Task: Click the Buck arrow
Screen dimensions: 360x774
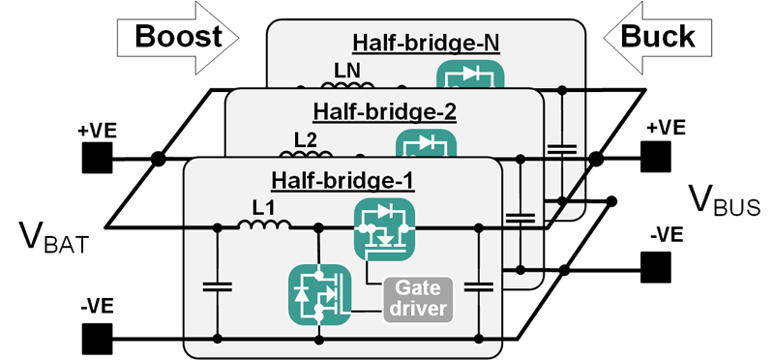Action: [x=658, y=37]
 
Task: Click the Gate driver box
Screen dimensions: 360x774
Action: [x=419, y=298]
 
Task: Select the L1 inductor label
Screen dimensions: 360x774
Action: [x=264, y=206]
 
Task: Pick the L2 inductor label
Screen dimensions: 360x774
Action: [x=306, y=138]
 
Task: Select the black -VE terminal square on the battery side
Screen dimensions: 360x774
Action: [x=97, y=339]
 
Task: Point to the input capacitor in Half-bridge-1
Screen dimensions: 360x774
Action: [x=219, y=285]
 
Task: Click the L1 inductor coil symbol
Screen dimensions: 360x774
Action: [x=264, y=226]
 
